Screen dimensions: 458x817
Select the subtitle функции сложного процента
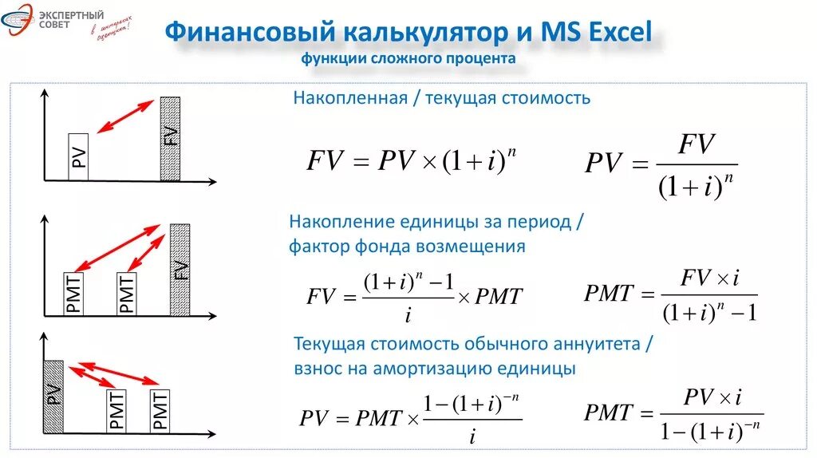[x=408, y=59]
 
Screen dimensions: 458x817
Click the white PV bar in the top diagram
[x=78, y=156]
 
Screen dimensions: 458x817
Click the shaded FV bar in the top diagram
[x=171, y=139]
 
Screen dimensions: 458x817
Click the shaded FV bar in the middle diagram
[x=180, y=270]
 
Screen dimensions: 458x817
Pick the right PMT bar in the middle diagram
[x=127, y=294]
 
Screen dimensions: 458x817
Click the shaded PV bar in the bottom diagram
[x=53, y=396]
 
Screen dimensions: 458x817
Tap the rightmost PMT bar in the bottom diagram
[x=159, y=411]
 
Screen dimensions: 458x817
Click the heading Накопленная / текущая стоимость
[x=442, y=98]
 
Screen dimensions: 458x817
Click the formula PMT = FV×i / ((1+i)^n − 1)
[x=670, y=295]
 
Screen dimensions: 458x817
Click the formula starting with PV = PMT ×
[x=411, y=417]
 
